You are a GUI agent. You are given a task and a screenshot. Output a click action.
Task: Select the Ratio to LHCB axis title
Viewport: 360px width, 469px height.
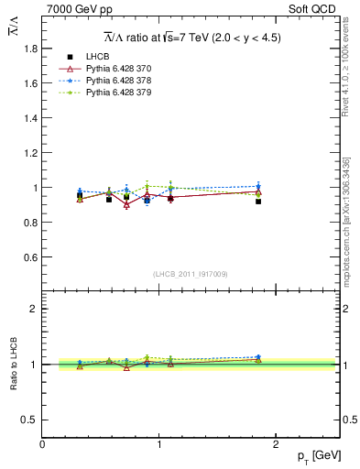13,364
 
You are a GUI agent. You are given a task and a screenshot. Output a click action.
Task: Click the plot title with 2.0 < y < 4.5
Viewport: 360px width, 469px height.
191,38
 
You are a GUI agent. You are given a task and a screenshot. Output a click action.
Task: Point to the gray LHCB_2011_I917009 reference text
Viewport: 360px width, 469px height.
191,274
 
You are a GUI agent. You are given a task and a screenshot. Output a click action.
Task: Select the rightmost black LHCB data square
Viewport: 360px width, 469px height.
258,201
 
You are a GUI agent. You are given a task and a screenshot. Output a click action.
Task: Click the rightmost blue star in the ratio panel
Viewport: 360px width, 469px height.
258,357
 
